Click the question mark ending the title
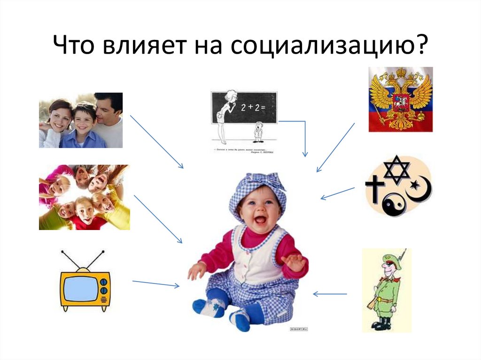point(421,47)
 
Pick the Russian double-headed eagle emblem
point(400,99)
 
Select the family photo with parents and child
point(81,120)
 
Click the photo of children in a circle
point(84,197)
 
